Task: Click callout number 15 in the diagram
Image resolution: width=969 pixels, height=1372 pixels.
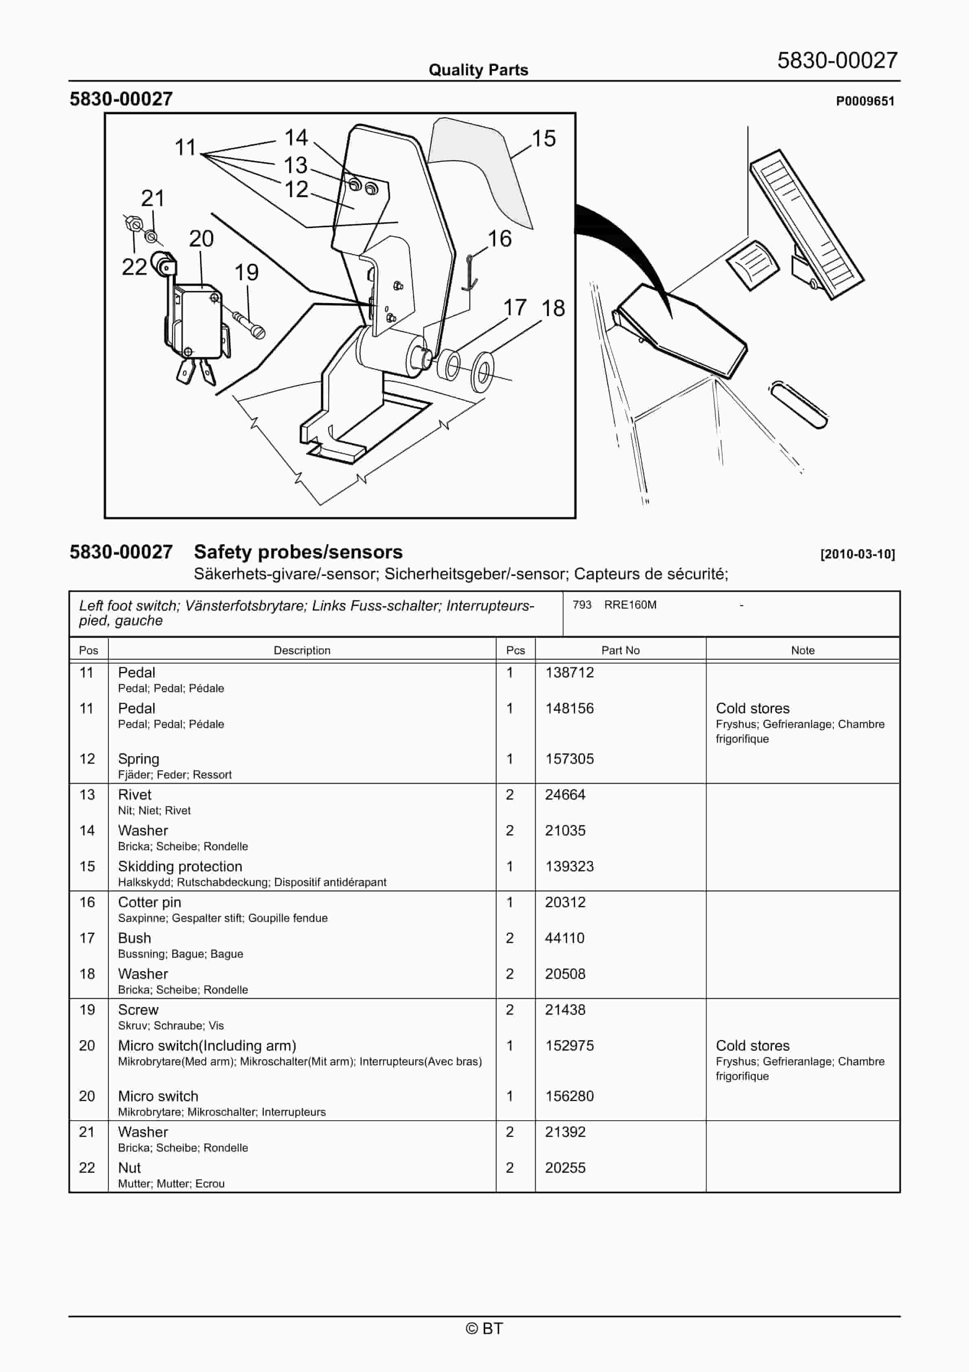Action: point(544,139)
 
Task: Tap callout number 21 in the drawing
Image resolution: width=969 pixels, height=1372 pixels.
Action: point(152,198)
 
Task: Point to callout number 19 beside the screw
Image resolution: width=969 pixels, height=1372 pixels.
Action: point(246,273)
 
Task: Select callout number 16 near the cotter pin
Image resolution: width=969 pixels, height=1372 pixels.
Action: point(500,239)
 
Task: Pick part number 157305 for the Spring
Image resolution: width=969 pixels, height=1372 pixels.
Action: point(569,759)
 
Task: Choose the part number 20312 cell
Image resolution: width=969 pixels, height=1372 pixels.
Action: point(565,902)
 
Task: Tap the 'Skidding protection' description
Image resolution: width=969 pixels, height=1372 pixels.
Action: point(180,866)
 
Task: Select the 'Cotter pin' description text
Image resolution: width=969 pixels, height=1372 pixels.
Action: point(149,902)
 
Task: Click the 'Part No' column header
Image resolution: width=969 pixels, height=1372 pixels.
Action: point(620,650)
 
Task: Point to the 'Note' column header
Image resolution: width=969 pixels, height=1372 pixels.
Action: point(802,650)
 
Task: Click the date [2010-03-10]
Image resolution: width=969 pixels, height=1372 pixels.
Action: point(857,554)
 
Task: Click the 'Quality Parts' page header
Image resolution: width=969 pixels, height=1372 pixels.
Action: point(478,70)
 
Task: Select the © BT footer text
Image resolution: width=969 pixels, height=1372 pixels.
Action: point(484,1328)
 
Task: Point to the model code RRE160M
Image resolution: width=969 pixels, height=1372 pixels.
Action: point(630,605)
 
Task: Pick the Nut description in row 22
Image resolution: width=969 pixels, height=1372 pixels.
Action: point(129,1168)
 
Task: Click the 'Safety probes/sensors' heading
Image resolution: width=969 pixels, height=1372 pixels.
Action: point(298,552)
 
